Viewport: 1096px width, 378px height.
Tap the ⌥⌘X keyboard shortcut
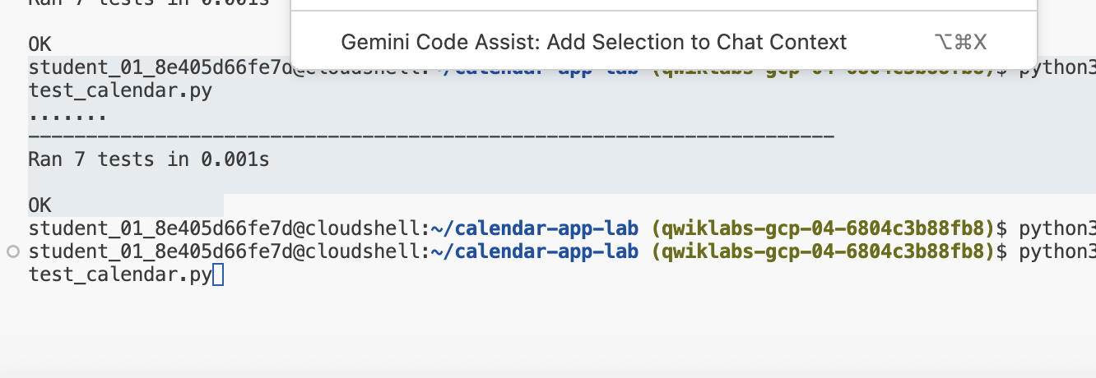tap(960, 42)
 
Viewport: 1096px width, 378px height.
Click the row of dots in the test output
tap(67, 114)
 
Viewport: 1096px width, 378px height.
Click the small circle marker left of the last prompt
tap(12, 251)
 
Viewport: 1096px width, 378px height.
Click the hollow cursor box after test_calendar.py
tap(218, 274)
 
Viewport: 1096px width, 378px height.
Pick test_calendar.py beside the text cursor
tap(120, 274)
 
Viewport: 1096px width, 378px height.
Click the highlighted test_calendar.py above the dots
tap(120, 90)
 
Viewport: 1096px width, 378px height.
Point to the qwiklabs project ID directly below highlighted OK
tap(823, 228)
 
